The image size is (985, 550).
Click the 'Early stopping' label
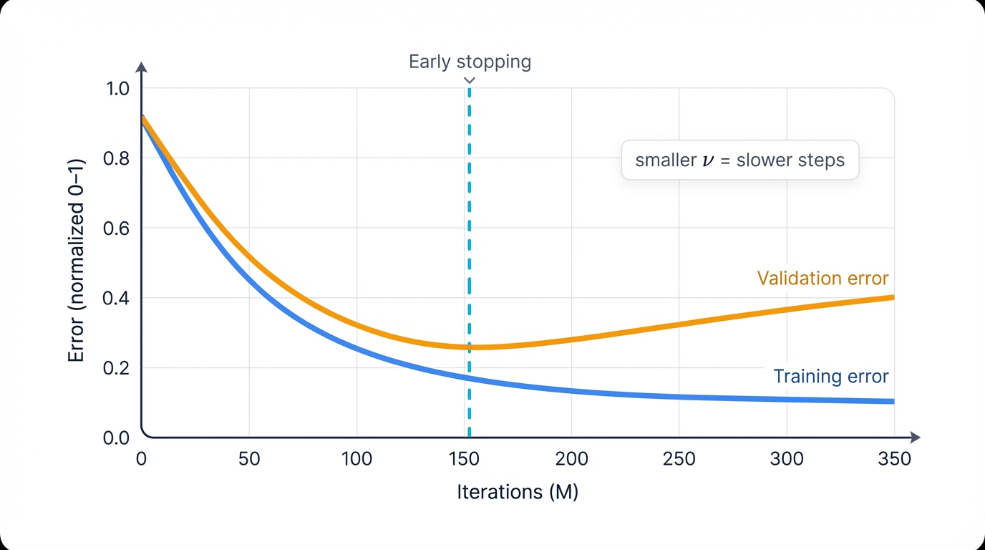[x=470, y=62]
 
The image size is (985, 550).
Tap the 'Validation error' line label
[x=823, y=278]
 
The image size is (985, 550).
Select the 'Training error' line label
[x=830, y=376]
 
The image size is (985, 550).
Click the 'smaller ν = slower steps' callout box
[x=739, y=160]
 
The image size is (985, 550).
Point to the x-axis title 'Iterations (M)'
[x=517, y=492]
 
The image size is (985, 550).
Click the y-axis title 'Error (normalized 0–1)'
[x=77, y=261]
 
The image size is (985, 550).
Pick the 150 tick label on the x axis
[x=464, y=458]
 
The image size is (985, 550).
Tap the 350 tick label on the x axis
[x=894, y=458]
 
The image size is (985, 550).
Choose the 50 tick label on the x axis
[x=249, y=458]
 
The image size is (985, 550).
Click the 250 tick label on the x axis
[x=679, y=458]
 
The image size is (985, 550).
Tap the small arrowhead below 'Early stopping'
[x=470, y=81]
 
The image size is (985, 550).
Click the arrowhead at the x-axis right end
[x=916, y=437]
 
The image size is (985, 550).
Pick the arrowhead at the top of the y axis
[x=142, y=67]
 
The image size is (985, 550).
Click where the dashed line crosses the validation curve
[x=469, y=347]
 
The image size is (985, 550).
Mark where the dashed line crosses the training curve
[x=469, y=377]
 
